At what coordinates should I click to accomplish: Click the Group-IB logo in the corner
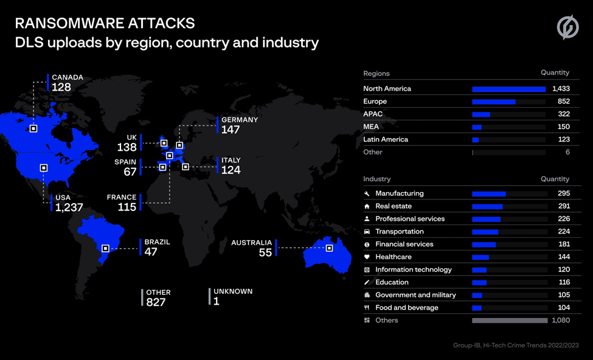(x=567, y=27)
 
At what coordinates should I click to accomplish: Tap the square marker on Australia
(x=330, y=248)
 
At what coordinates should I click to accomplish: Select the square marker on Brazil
(x=105, y=249)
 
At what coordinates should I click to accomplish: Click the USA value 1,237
(x=69, y=207)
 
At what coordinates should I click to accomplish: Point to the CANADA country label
(x=68, y=77)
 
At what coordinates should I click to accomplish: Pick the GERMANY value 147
(x=231, y=130)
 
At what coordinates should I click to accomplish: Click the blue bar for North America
(x=508, y=89)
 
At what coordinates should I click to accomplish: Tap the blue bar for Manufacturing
(x=488, y=193)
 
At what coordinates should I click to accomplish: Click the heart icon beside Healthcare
(x=367, y=257)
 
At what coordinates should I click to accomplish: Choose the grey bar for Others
(x=510, y=320)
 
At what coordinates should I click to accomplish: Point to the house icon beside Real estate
(x=367, y=206)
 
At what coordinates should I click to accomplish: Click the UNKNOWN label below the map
(x=233, y=291)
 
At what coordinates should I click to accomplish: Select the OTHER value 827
(x=156, y=302)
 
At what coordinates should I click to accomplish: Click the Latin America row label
(x=386, y=139)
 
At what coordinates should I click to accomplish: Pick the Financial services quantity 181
(x=564, y=244)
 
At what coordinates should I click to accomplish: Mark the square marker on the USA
(x=44, y=167)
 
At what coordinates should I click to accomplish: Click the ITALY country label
(x=231, y=160)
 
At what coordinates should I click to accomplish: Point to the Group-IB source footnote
(x=516, y=345)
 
